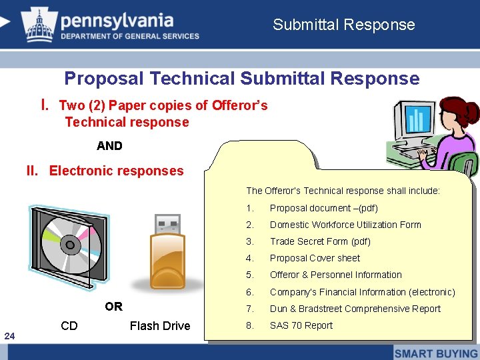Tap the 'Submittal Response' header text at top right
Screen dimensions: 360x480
(x=343, y=25)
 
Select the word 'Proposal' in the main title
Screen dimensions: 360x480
(x=104, y=79)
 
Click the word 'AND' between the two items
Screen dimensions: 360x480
(x=109, y=146)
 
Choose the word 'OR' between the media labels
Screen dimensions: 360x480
(x=113, y=307)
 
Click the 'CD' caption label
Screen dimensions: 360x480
(x=69, y=325)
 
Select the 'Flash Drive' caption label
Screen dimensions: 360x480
(x=159, y=325)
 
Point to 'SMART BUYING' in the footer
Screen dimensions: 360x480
(x=436, y=353)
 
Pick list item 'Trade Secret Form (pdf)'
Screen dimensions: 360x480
(x=319, y=241)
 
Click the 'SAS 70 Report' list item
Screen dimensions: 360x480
(x=301, y=325)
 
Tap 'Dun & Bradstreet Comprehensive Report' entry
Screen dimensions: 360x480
(x=355, y=309)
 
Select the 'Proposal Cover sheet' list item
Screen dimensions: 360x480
(x=315, y=258)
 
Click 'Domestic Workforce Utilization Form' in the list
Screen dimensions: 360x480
(x=345, y=225)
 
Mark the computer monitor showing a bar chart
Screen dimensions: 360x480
(x=416, y=120)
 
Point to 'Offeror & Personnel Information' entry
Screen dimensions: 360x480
(x=335, y=275)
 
